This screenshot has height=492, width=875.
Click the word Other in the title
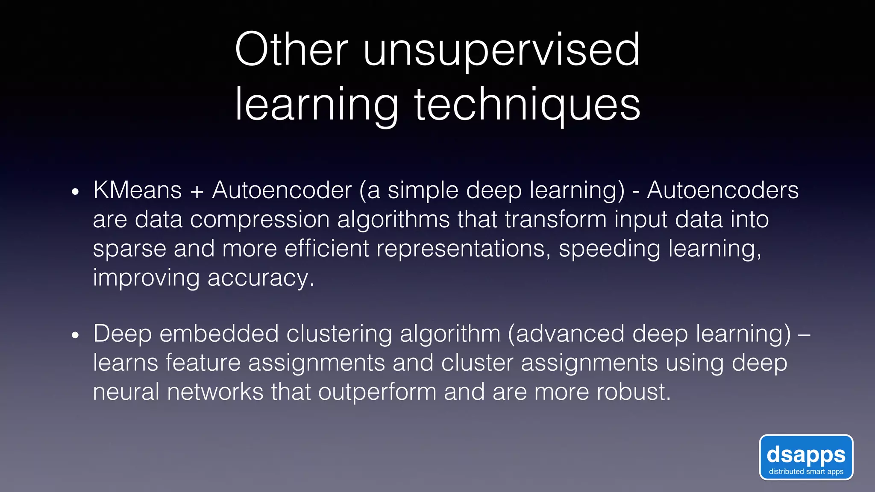pyautogui.click(x=291, y=50)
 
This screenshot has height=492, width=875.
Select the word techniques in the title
pyautogui.click(x=527, y=105)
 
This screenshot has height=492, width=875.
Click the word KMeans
pyautogui.click(x=138, y=190)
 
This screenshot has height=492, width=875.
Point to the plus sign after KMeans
pyautogui.click(x=197, y=191)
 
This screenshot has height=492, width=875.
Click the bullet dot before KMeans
pyautogui.click(x=76, y=192)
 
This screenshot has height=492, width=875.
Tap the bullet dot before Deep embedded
pyautogui.click(x=76, y=336)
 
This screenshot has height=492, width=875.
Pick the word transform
pyautogui.click(x=555, y=220)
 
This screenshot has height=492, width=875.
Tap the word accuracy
pyautogui.click(x=261, y=278)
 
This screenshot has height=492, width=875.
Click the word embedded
pyautogui.click(x=219, y=334)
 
